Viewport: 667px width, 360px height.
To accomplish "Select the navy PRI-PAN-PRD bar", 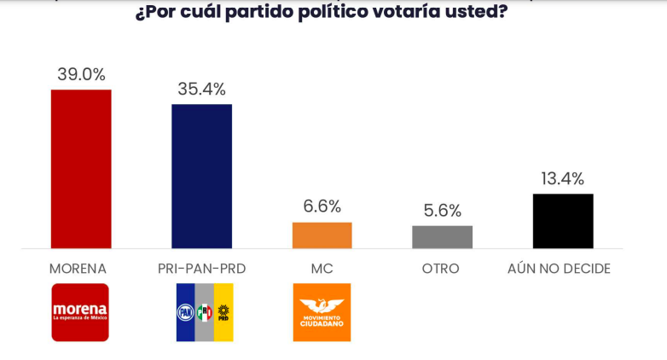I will (201, 176).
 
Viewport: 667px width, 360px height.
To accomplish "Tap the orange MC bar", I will (322, 235).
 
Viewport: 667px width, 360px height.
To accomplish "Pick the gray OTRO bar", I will (442, 237).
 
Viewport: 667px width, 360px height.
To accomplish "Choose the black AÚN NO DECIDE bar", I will (562, 221).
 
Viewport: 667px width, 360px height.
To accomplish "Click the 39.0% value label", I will (81, 73).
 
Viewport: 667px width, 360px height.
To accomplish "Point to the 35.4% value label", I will (201, 88).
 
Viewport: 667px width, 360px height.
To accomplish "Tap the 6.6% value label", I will (322, 206).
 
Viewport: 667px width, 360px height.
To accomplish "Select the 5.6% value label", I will (442, 210).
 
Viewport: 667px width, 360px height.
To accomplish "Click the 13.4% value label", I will (562, 178).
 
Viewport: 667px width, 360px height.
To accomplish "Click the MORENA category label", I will (78, 268).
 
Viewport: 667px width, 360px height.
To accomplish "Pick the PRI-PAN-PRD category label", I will (201, 268).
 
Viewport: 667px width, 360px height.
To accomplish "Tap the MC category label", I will (322, 268).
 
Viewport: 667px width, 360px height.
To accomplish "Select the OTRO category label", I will (440, 268).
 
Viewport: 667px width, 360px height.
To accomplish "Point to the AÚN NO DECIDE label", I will (560, 268).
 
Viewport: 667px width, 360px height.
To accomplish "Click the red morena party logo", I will (80, 312).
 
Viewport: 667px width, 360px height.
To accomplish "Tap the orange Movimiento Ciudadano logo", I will (322, 312).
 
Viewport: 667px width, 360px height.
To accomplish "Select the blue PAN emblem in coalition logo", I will (185, 312).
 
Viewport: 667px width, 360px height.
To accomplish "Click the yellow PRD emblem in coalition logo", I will (223, 312).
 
